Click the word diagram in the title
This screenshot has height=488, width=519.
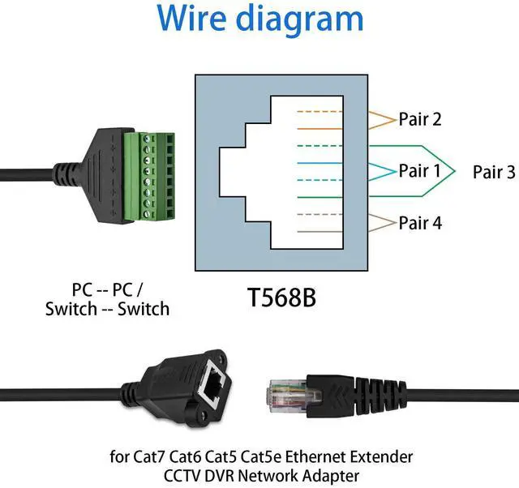click(300, 19)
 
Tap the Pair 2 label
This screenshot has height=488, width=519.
click(420, 119)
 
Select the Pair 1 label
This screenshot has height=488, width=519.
click(420, 171)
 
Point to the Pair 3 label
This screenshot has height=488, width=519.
click(494, 172)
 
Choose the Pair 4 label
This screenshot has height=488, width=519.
click(420, 223)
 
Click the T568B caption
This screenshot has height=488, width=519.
click(281, 298)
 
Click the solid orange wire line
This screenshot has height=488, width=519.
click(320, 129)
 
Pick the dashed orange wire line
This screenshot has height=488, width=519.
click(320, 112)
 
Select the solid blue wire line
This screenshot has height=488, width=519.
click(320, 163)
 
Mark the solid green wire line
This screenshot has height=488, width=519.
click(320, 197)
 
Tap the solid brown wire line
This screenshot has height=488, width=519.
click(320, 232)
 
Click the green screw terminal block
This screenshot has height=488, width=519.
click(149, 176)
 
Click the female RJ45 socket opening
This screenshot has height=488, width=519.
click(213, 383)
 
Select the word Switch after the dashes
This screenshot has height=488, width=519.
click(144, 309)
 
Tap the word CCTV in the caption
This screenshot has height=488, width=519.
click(182, 477)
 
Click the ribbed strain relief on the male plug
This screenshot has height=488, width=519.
click(380, 396)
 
